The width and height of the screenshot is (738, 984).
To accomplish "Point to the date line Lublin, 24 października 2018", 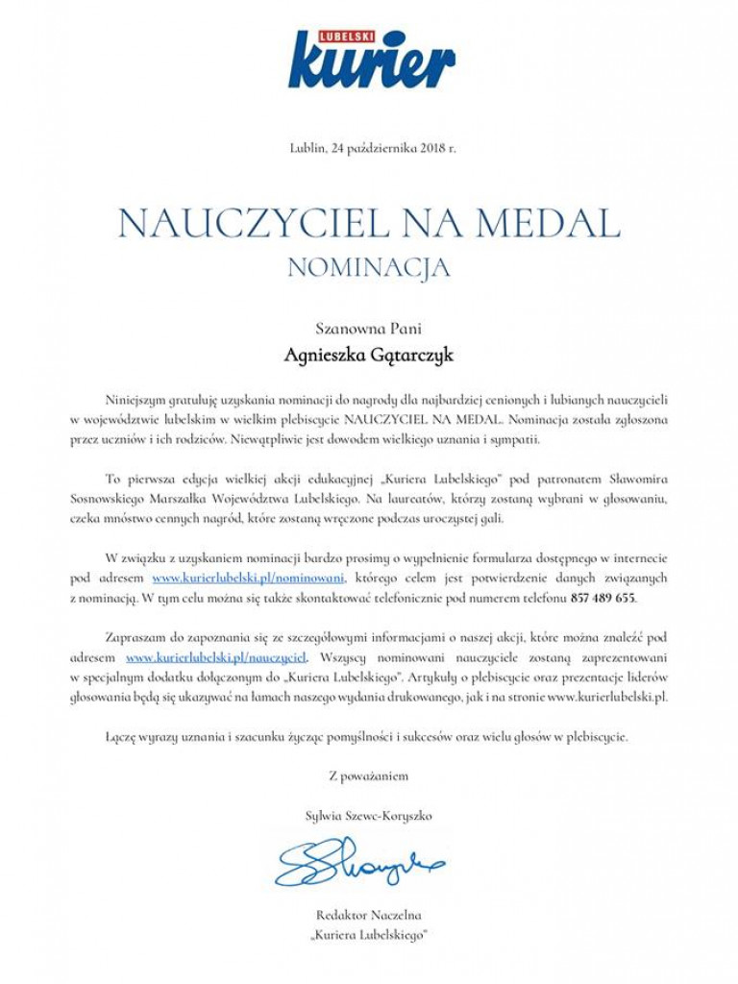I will coord(372,147).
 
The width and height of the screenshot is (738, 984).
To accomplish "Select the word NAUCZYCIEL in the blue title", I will coord(240,224).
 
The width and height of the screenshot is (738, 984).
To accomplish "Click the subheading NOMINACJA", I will coord(369,267).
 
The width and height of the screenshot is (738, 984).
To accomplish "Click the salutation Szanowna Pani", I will coord(369,327).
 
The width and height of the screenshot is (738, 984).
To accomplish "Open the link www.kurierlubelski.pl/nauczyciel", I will coord(216,657).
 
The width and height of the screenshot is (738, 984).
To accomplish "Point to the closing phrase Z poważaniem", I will coord(369,774).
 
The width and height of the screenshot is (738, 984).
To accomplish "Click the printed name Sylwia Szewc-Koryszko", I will coord(369,815).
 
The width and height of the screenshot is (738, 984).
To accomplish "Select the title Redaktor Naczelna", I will coord(369,915).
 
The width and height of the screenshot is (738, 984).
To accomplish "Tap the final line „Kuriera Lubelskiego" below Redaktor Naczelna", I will coord(369,933).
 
